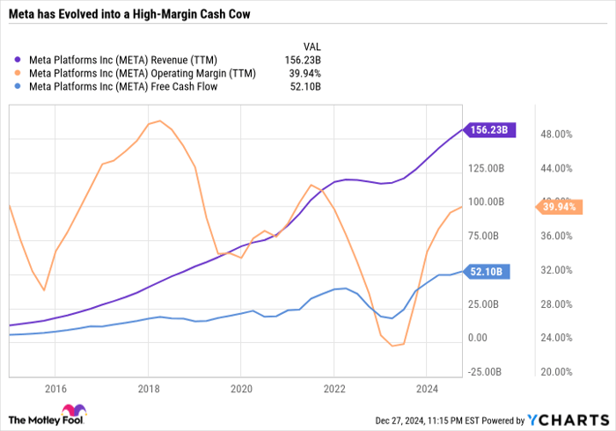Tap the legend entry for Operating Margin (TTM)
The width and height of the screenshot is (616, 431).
point(142,73)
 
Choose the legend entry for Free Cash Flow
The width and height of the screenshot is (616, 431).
point(123,86)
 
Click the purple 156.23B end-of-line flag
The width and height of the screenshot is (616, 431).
point(490,130)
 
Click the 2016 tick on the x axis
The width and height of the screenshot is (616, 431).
point(55,388)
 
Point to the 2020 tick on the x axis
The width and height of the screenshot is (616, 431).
point(241,388)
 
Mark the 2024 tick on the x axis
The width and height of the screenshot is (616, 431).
point(426,388)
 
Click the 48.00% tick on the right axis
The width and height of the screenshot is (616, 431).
point(557,135)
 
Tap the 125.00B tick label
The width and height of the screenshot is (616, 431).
point(487,168)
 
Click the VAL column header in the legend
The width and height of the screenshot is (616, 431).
point(312,46)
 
